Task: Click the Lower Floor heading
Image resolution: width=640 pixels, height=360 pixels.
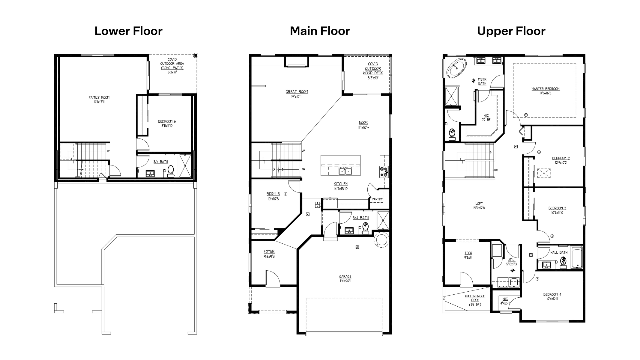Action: coord(128,31)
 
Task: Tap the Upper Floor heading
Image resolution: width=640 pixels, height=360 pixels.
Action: coord(511,31)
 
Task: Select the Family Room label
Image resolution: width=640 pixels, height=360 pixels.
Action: coord(99,97)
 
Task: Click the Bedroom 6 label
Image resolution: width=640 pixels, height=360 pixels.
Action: coord(167,121)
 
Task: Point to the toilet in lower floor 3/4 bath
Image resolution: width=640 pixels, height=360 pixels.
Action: coord(171,170)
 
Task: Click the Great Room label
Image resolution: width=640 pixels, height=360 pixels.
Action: coord(297,92)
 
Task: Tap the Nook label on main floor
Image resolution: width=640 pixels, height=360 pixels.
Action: coord(363,123)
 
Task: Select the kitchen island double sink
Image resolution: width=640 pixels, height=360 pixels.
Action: coord(345,171)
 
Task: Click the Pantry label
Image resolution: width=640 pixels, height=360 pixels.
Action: coord(377,199)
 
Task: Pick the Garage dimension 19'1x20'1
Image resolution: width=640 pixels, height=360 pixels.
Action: coord(345,281)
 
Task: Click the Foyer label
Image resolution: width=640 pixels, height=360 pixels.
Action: coord(269,252)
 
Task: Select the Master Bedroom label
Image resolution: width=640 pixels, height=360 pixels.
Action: coord(545,89)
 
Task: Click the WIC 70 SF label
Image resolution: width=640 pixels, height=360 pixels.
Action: coord(486,116)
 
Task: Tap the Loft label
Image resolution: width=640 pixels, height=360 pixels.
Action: coord(479,204)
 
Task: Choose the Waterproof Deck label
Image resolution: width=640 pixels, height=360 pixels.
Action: coord(475,296)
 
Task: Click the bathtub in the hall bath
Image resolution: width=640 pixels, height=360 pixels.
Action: coord(577,257)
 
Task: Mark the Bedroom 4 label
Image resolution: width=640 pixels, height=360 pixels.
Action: coord(552,294)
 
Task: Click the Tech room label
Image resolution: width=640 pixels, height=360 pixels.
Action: coord(468,253)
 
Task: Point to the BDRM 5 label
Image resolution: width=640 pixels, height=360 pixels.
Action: coord(273,194)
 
